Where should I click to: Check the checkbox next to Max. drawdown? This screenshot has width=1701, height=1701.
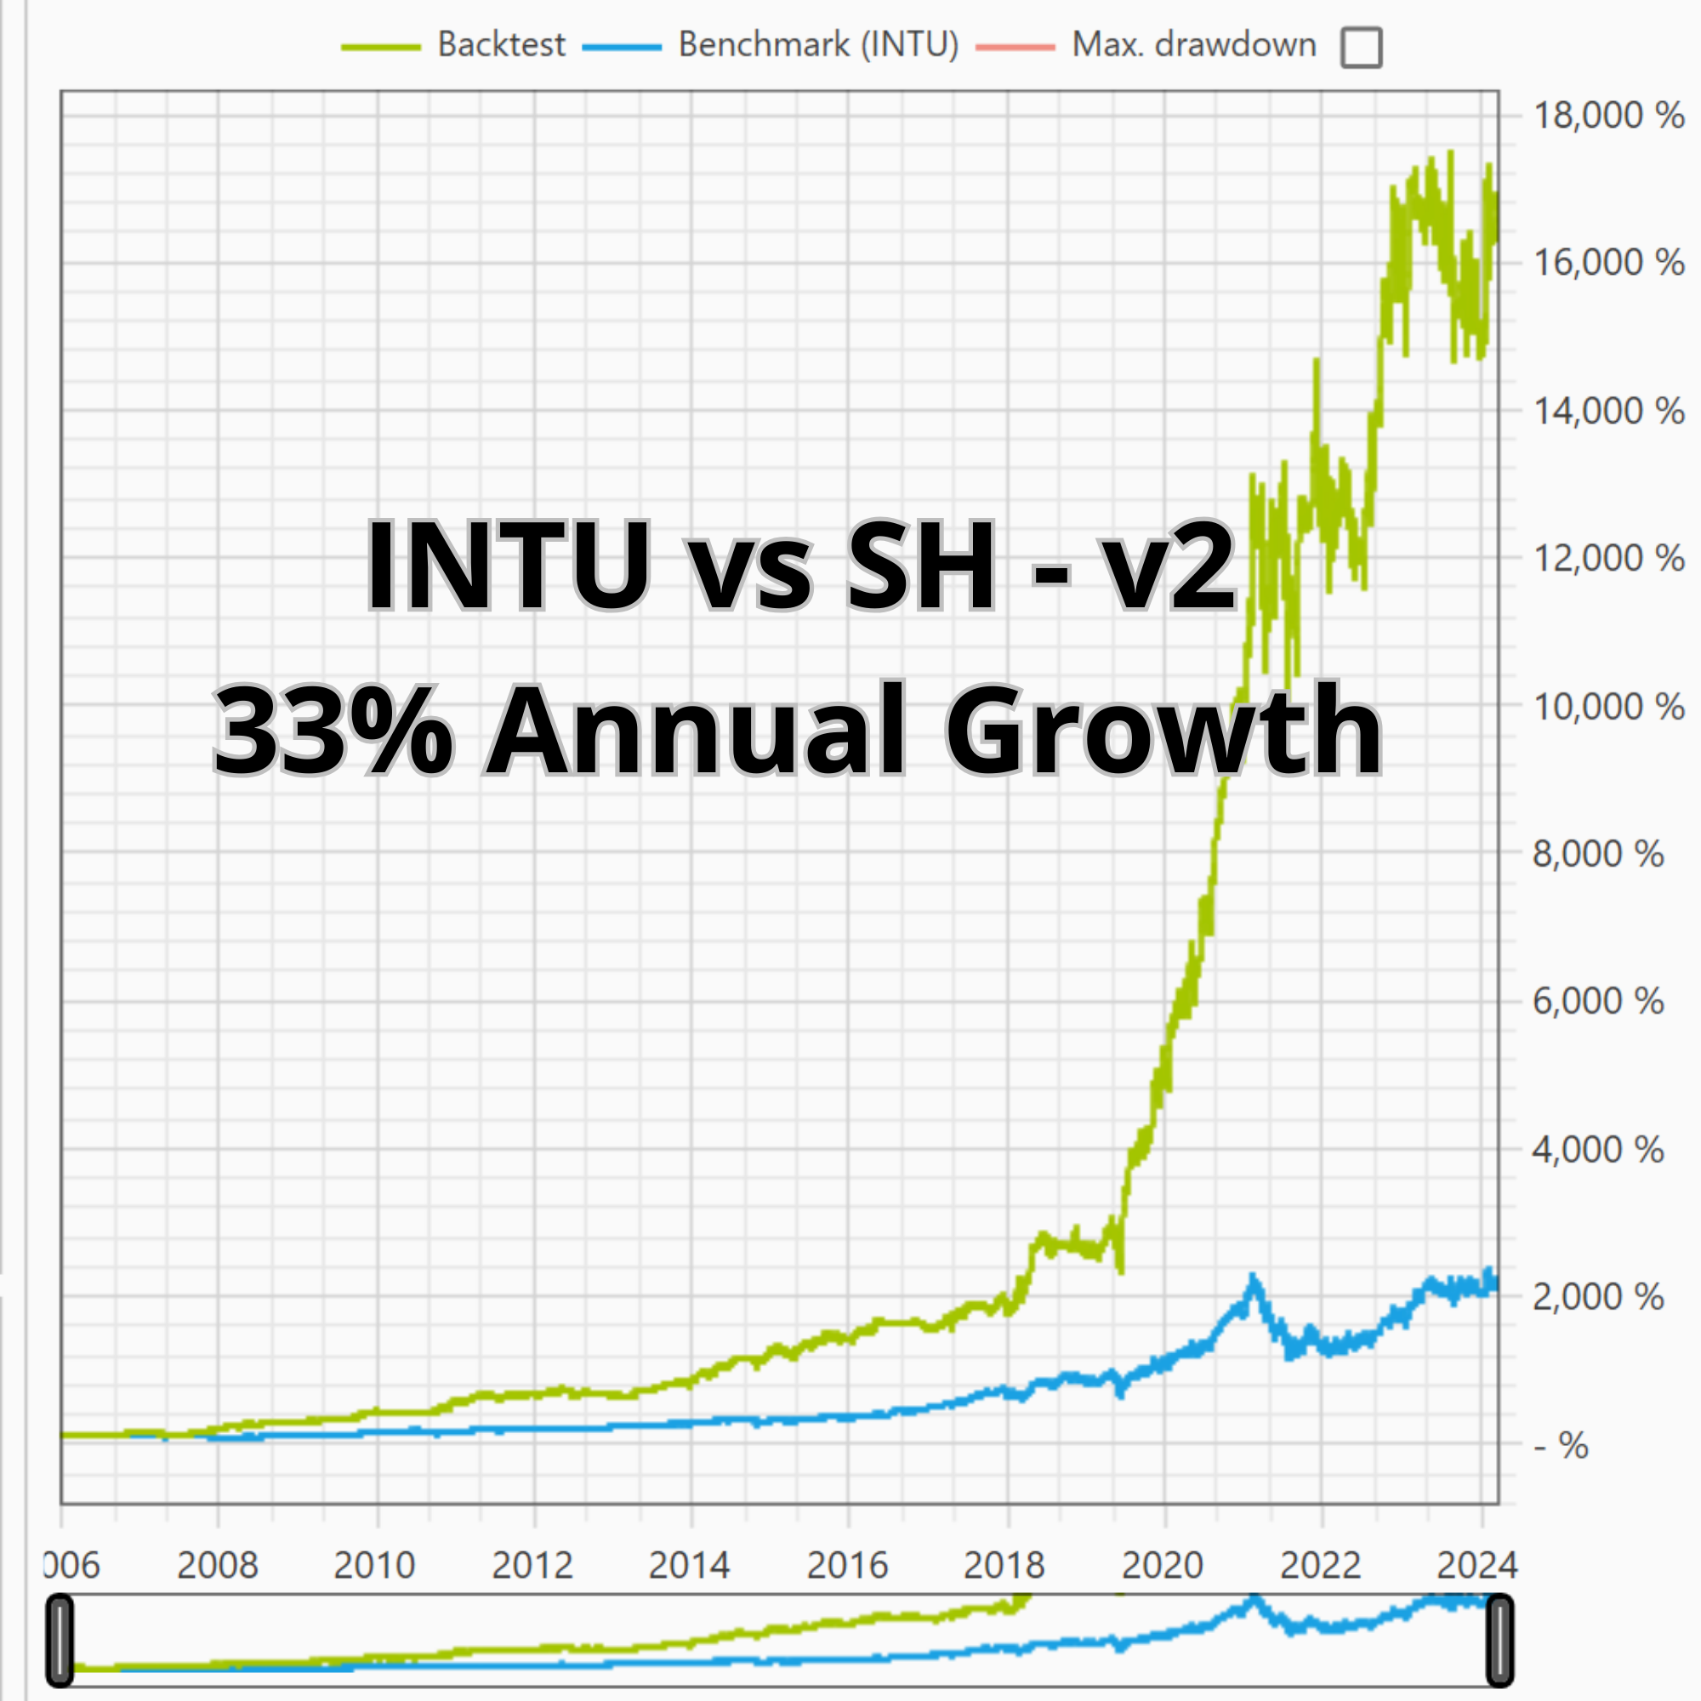click(x=1361, y=48)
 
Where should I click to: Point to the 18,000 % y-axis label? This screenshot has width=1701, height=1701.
click(x=1608, y=116)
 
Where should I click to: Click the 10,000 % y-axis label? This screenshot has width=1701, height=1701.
click(x=1608, y=706)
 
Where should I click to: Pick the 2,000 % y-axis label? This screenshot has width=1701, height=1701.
click(x=1598, y=1297)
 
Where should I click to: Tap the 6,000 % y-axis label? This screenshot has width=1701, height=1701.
click(x=1598, y=1001)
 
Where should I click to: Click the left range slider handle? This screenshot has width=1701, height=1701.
click(x=60, y=1641)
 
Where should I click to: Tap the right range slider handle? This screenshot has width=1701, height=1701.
click(x=1499, y=1641)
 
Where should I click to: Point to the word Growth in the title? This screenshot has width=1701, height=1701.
click(x=1163, y=730)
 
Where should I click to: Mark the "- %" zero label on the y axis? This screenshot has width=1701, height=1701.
click(x=1560, y=1445)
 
